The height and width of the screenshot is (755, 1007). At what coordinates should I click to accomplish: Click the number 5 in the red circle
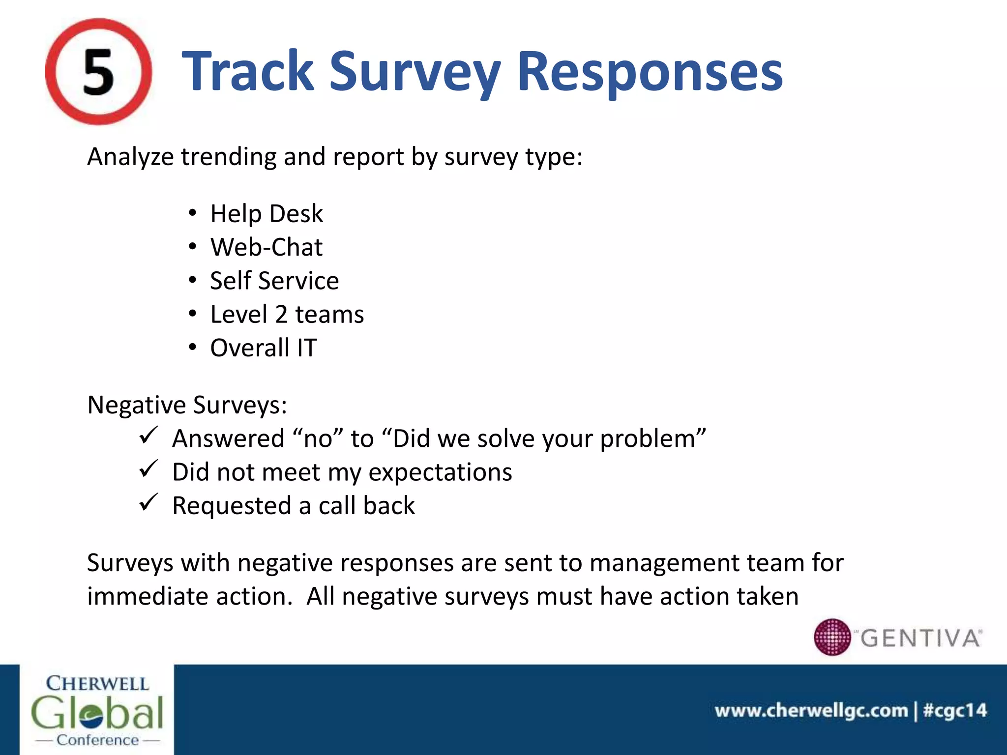(98, 73)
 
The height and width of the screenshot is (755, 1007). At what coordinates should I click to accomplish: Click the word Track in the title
(247, 72)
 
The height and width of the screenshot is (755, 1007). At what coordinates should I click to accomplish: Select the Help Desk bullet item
(266, 214)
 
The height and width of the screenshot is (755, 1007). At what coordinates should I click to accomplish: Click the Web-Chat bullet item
(266, 247)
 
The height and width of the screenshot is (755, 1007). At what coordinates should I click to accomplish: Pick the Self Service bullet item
(274, 281)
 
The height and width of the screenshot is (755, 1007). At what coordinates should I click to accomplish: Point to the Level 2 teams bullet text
(287, 315)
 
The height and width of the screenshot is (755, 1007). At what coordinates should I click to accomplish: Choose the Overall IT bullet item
(263, 348)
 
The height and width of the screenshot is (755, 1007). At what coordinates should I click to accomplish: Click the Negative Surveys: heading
(187, 406)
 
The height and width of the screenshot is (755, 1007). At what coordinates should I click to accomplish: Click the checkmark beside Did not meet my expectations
(148, 469)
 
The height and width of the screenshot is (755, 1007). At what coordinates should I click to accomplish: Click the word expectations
(440, 472)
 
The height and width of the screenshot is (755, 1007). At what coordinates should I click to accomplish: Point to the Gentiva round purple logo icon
(832, 637)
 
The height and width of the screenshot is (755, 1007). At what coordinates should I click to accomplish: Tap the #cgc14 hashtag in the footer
(954, 711)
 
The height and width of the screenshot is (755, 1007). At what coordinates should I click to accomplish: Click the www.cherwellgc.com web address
(811, 711)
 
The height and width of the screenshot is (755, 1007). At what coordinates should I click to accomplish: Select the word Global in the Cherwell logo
(97, 713)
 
